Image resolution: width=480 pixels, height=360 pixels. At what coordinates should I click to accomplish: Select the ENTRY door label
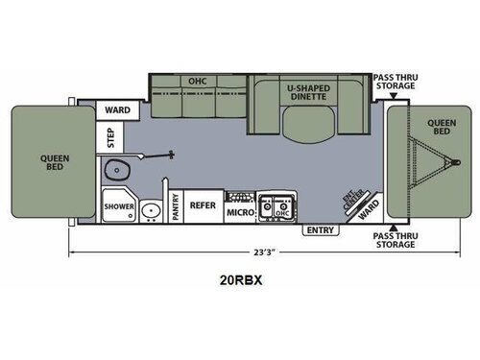(x=319, y=230)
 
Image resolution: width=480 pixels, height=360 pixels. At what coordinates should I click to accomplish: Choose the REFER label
(x=202, y=204)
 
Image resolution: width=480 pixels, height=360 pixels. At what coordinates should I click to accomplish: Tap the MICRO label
(x=238, y=210)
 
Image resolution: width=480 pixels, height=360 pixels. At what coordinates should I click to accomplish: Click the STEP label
(x=110, y=138)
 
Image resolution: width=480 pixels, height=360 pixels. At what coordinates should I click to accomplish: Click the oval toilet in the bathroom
(x=120, y=171)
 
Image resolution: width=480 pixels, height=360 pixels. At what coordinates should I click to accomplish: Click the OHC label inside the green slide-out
(x=198, y=81)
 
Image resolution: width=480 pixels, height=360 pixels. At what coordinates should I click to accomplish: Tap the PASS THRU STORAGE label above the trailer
(x=395, y=81)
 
